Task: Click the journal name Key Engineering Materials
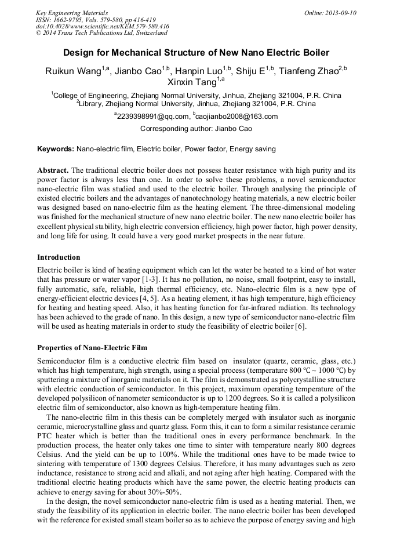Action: [x=72, y=13]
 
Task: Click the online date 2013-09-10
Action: [x=340, y=13]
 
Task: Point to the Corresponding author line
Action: [x=196, y=128]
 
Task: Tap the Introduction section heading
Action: [x=59, y=257]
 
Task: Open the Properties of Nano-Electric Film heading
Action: [x=92, y=348]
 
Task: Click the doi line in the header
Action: [x=102, y=26]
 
